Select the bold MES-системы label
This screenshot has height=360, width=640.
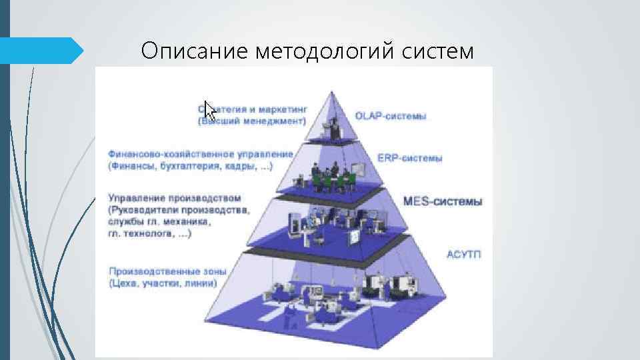(443, 201)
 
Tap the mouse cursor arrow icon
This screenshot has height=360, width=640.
(209, 111)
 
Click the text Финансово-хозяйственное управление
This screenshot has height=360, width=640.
(200, 154)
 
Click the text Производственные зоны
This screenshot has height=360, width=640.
(167, 271)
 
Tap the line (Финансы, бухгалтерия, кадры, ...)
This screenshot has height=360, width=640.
(190, 166)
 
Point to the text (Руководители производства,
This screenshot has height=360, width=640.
(179, 211)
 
